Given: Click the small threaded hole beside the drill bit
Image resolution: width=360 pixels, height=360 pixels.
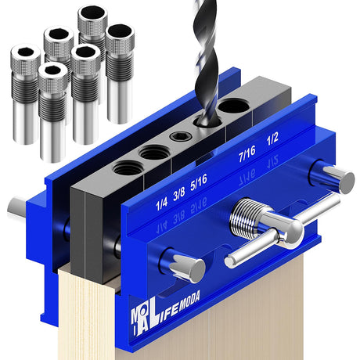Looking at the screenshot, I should (178, 137).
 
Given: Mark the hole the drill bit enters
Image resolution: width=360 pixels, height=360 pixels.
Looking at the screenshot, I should (205, 124).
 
